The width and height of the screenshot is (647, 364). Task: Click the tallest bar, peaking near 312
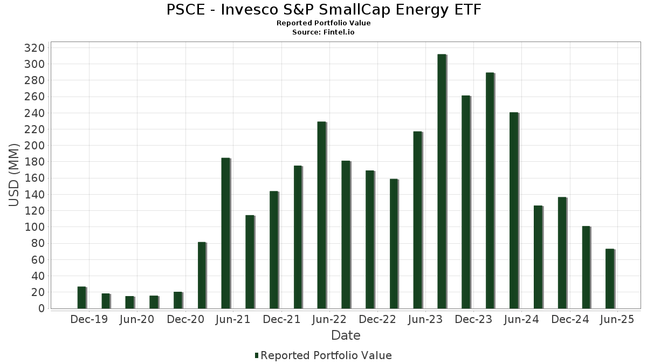[x=442, y=181]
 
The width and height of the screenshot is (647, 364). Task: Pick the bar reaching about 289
[x=490, y=190]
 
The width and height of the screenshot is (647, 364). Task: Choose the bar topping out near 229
[x=321, y=215]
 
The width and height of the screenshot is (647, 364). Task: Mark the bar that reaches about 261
[x=466, y=202]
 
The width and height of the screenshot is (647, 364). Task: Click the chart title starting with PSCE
[x=323, y=10]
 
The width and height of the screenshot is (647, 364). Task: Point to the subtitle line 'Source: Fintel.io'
[x=323, y=32]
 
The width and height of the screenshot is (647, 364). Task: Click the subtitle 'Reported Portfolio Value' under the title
[x=323, y=23]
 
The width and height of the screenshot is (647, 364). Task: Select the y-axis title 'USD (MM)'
[x=15, y=174]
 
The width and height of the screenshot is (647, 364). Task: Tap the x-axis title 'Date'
[x=346, y=335]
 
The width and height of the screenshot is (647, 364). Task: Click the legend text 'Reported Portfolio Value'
[x=326, y=355]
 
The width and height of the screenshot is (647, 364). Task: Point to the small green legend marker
[x=257, y=355]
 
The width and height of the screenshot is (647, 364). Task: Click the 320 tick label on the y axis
[x=34, y=48]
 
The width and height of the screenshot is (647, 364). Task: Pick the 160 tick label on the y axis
[x=34, y=178]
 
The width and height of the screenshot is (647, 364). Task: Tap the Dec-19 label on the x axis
[x=89, y=320]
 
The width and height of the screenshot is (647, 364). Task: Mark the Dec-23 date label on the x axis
[x=473, y=320]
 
